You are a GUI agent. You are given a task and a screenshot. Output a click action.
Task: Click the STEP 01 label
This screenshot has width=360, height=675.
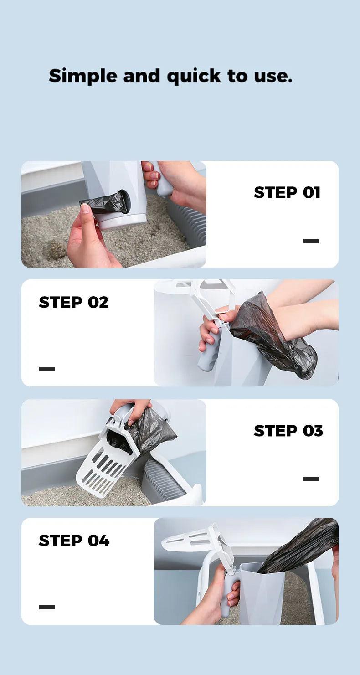tap(287, 192)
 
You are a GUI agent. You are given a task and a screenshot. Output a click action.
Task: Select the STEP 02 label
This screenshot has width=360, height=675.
tap(74, 302)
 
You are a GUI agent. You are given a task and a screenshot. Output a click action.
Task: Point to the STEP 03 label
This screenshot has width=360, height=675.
tap(288, 431)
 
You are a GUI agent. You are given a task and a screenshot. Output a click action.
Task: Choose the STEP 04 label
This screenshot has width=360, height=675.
tap(74, 541)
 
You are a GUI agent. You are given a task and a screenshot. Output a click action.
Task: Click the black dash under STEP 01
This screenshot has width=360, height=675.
tap(311, 241)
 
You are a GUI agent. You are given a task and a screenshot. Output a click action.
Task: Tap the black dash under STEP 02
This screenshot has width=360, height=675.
tap(47, 369)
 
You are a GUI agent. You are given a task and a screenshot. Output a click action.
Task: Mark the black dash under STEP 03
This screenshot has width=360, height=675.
tap(311, 479)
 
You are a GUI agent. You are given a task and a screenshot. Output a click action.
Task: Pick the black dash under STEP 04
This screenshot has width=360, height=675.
tap(47, 607)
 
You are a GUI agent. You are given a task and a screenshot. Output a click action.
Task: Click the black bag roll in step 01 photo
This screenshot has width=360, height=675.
tap(103, 201)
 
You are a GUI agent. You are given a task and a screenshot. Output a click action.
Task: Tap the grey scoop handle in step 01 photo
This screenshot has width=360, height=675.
tap(162, 182)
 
